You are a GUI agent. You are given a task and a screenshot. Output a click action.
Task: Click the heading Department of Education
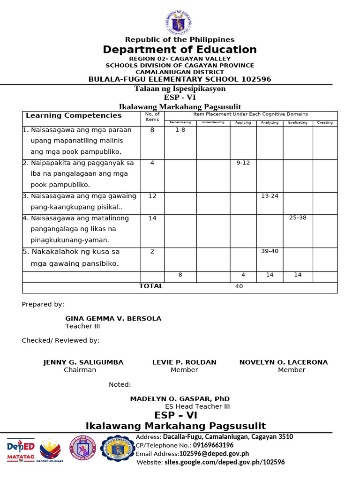(180, 50)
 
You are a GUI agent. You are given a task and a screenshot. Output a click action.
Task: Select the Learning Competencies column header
(74, 115)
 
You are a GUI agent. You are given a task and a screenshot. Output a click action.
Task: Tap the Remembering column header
(180, 123)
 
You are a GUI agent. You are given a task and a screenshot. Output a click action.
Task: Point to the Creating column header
(325, 123)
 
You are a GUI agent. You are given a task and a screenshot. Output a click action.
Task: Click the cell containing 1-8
(180, 130)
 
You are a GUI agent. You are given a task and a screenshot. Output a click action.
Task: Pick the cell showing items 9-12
(243, 163)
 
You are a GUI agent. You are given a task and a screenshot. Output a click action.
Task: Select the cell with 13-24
(270, 196)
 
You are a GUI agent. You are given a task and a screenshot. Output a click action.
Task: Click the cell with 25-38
(298, 218)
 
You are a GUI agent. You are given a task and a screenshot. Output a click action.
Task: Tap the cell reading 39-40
(270, 251)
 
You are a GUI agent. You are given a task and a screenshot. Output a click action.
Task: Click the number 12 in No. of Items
(152, 196)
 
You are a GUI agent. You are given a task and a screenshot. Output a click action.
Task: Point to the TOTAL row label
(151, 286)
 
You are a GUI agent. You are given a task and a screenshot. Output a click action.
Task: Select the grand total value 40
(239, 287)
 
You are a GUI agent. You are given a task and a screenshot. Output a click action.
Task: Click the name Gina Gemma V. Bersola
(113, 319)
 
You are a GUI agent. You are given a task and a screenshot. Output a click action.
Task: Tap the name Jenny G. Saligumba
(83, 362)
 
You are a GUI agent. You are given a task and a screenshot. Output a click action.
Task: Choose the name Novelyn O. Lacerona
(284, 362)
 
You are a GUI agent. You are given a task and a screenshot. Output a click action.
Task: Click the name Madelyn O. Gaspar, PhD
(180, 399)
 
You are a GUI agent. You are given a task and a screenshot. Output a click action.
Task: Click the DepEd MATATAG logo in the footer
(21, 450)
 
